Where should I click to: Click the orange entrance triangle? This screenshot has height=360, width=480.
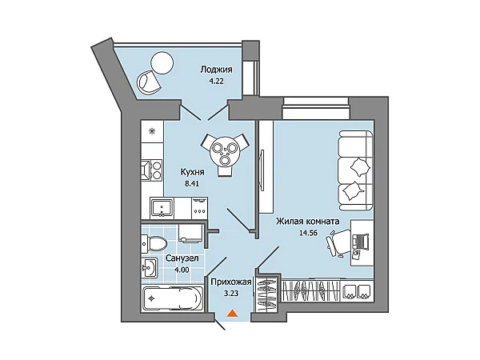(x=232, y=314)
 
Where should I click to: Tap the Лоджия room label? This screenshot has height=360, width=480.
(x=216, y=70)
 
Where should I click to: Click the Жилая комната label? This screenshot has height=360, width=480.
(x=307, y=221)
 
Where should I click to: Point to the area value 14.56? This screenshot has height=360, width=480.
(x=307, y=233)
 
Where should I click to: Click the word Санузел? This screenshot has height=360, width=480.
(x=182, y=258)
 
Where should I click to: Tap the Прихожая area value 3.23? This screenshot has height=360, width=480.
(x=231, y=294)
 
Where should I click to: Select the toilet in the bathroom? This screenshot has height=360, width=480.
(x=154, y=244)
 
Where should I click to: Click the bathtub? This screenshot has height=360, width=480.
(x=173, y=299)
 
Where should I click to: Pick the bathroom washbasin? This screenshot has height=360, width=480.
(x=150, y=268)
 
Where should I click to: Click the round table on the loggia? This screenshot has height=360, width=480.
(x=162, y=62)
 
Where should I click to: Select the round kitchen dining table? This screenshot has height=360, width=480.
(x=225, y=150)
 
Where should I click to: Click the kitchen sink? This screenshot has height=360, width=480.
(x=162, y=208)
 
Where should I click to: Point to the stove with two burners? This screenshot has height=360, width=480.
(x=151, y=171)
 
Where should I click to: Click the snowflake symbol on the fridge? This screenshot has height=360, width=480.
(x=151, y=131)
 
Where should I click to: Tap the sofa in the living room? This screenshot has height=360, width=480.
(x=356, y=170)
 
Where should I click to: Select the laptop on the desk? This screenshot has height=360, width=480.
(x=361, y=242)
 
